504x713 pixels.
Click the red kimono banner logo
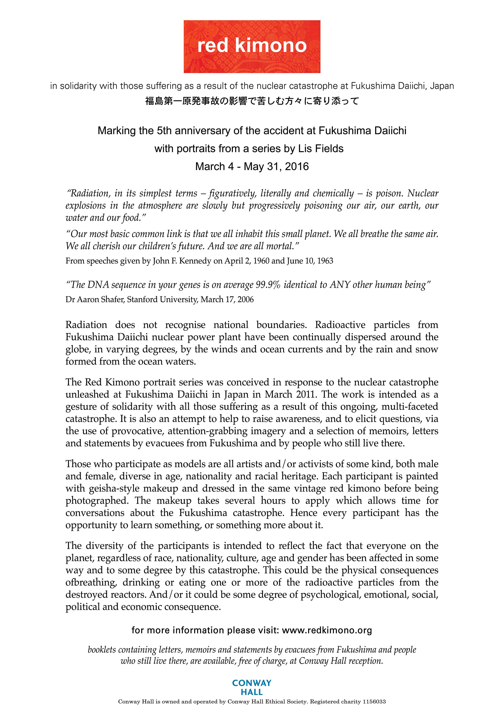pos(252,46)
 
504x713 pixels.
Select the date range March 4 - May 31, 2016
pos(252,167)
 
